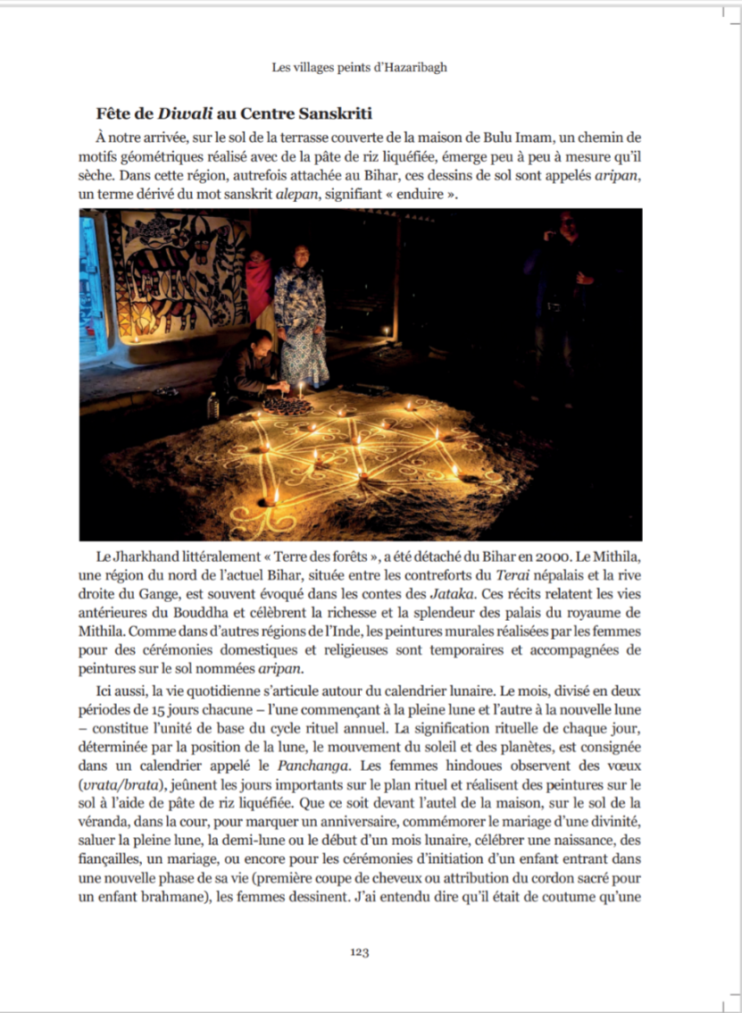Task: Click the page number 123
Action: click(x=359, y=951)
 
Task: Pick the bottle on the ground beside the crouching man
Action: click(x=213, y=406)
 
